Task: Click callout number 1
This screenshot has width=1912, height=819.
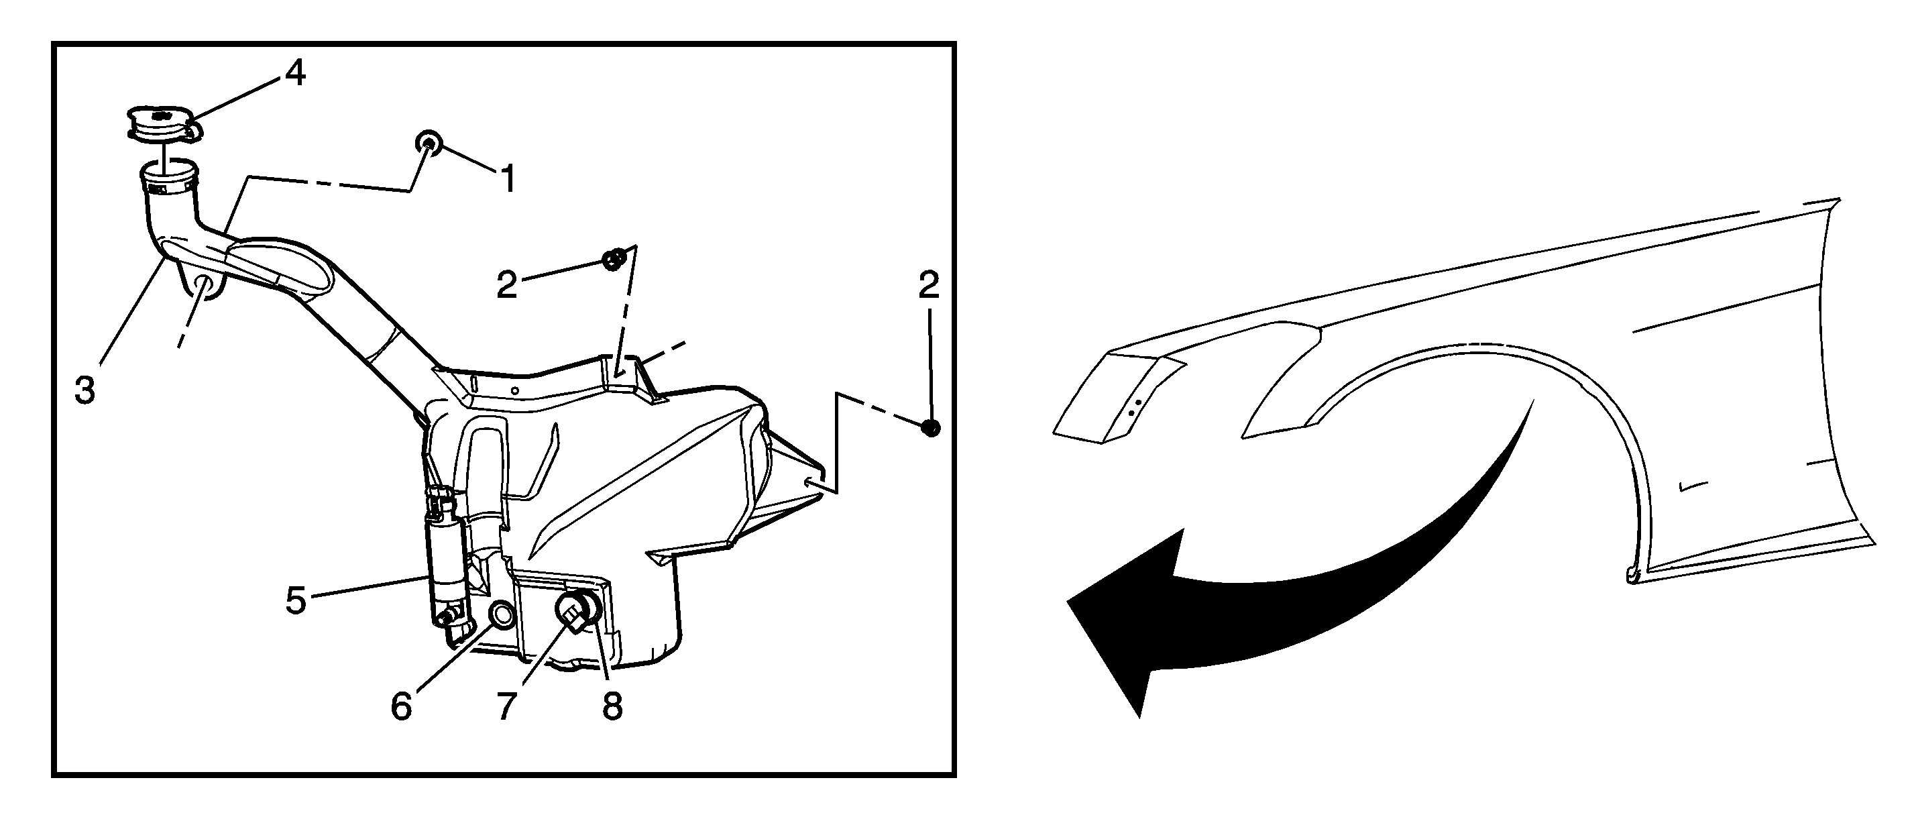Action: [508, 179]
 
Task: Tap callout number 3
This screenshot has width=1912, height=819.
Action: [85, 390]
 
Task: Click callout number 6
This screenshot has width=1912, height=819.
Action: [401, 706]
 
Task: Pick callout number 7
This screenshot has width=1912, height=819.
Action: [506, 706]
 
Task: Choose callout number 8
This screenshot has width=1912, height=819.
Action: [612, 706]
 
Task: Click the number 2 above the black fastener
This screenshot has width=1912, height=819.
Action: [929, 285]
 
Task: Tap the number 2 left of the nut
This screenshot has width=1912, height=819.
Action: [507, 285]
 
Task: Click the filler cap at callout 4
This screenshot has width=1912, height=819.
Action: [162, 126]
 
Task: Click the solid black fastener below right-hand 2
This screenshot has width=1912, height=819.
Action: [930, 428]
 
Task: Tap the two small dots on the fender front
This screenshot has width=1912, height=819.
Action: [1133, 405]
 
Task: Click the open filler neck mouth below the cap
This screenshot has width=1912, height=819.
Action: [169, 176]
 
